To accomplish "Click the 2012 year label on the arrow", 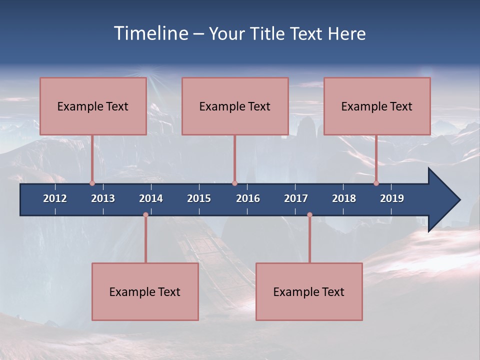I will pos(55,198).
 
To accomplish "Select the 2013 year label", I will pos(103,198).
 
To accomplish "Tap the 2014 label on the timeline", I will pos(151,198).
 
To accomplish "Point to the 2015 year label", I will pos(199,198).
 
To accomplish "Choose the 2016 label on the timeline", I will pos(248,198).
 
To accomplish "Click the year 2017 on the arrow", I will pos(296,198).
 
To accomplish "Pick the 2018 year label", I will pos(344,198).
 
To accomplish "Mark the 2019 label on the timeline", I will pos(392,198).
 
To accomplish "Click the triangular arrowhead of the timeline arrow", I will pos(443,200).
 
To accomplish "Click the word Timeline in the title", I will pos(151,33).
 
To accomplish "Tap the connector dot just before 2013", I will pos(92,183).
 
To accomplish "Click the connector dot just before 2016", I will pos(234,183).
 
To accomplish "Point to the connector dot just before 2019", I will pos(376,183).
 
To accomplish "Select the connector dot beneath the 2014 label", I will pos(145,215).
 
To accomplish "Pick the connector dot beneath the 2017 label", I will pos(309,215).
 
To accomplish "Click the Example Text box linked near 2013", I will pos(93,106).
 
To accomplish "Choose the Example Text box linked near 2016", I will pos(235,106).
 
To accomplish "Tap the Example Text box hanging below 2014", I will pos(145,291).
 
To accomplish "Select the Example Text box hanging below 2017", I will pos(309,291).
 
